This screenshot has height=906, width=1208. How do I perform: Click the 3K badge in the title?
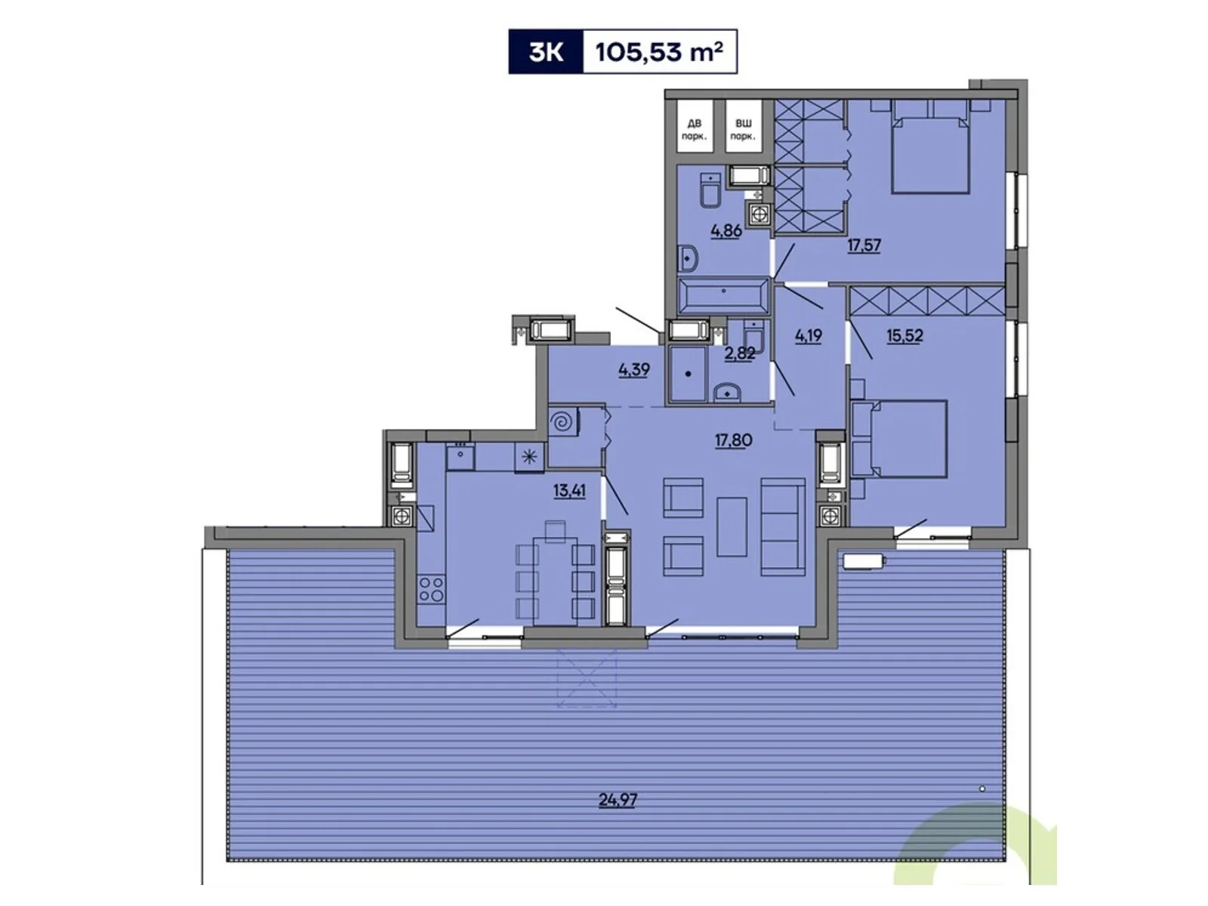(x=545, y=52)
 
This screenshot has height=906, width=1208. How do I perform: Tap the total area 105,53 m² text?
(x=659, y=52)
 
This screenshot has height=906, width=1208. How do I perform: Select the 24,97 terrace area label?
(x=617, y=800)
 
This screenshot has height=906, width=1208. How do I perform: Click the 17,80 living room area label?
(x=733, y=440)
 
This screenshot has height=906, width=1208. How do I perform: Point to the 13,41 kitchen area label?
(x=569, y=491)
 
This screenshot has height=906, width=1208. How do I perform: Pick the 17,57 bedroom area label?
(x=864, y=245)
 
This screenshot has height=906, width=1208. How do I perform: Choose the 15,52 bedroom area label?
(x=904, y=335)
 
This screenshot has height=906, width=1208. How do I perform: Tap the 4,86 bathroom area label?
(x=726, y=231)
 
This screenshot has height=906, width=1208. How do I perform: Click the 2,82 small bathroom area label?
(x=739, y=353)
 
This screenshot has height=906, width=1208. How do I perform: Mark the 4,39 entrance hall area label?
(x=633, y=370)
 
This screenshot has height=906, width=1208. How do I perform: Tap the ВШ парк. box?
(x=743, y=129)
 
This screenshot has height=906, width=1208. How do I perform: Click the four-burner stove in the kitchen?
(x=432, y=589)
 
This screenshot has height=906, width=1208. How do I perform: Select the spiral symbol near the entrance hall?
(x=562, y=423)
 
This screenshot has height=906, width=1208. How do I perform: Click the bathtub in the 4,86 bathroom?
(x=723, y=296)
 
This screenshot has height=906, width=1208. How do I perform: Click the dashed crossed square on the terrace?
(x=587, y=677)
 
